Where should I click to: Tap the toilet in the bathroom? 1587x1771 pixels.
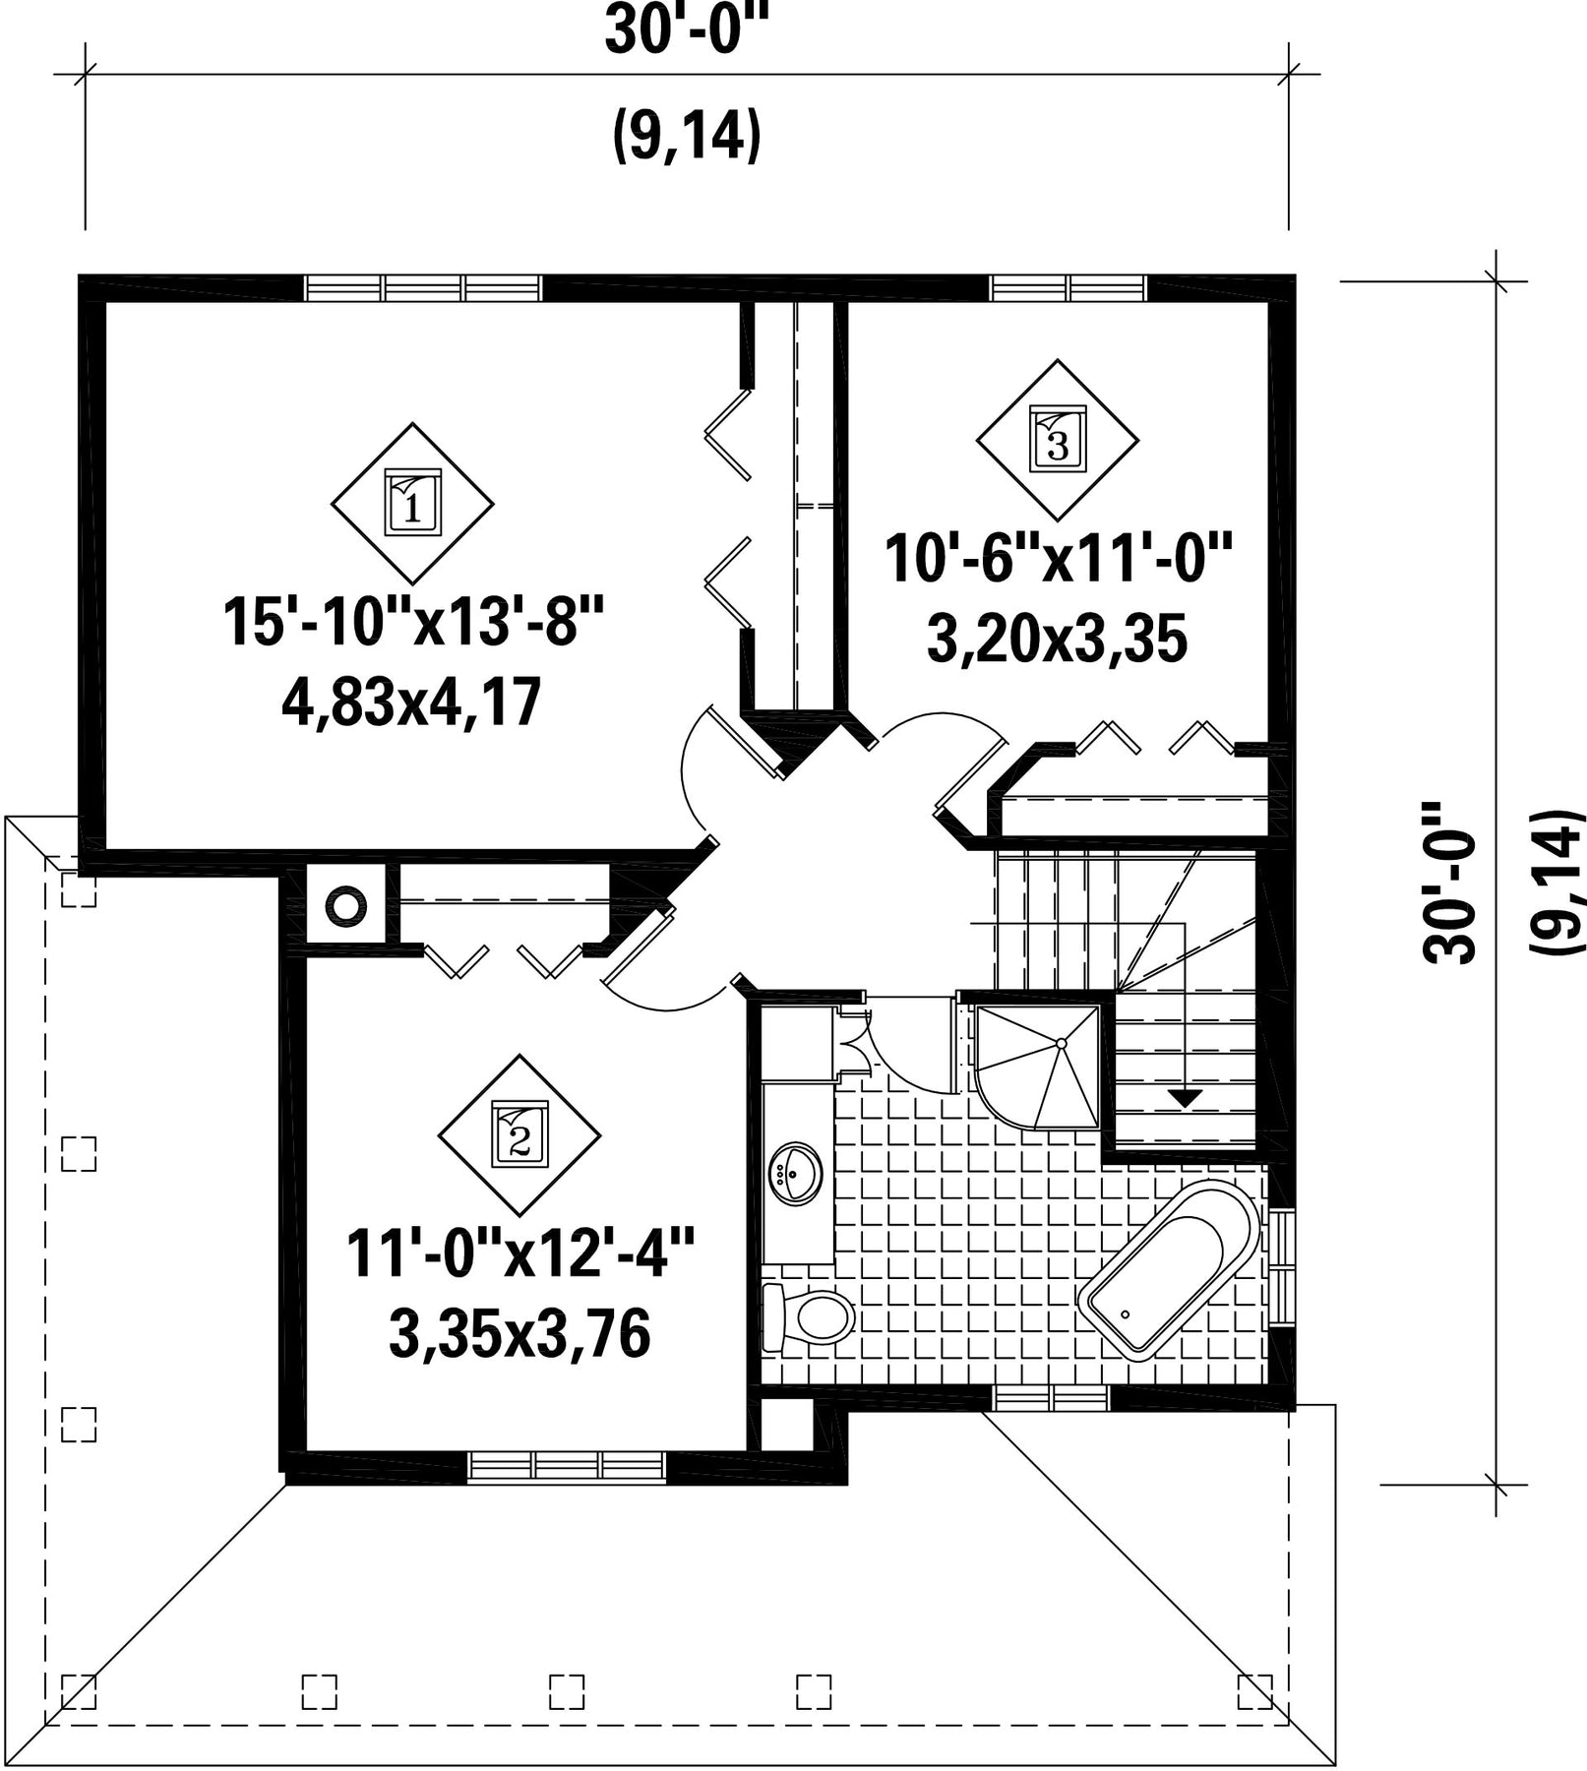click(807, 1316)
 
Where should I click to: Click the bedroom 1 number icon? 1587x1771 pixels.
click(412, 503)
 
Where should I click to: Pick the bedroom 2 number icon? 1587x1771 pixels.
click(519, 1135)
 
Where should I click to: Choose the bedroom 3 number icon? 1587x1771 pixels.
click(1058, 440)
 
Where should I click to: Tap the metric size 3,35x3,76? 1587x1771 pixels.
click(519, 1334)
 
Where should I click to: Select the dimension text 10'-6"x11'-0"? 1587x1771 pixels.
click(1058, 558)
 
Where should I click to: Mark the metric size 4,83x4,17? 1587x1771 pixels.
click(412, 702)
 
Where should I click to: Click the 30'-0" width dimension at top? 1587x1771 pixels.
click(686, 31)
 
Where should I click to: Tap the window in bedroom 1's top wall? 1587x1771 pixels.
click(423, 287)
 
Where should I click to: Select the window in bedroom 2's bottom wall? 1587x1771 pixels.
click(567, 1466)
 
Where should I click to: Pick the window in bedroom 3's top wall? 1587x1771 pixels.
click(1068, 287)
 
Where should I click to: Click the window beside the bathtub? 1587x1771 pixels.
click(1283, 1269)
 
